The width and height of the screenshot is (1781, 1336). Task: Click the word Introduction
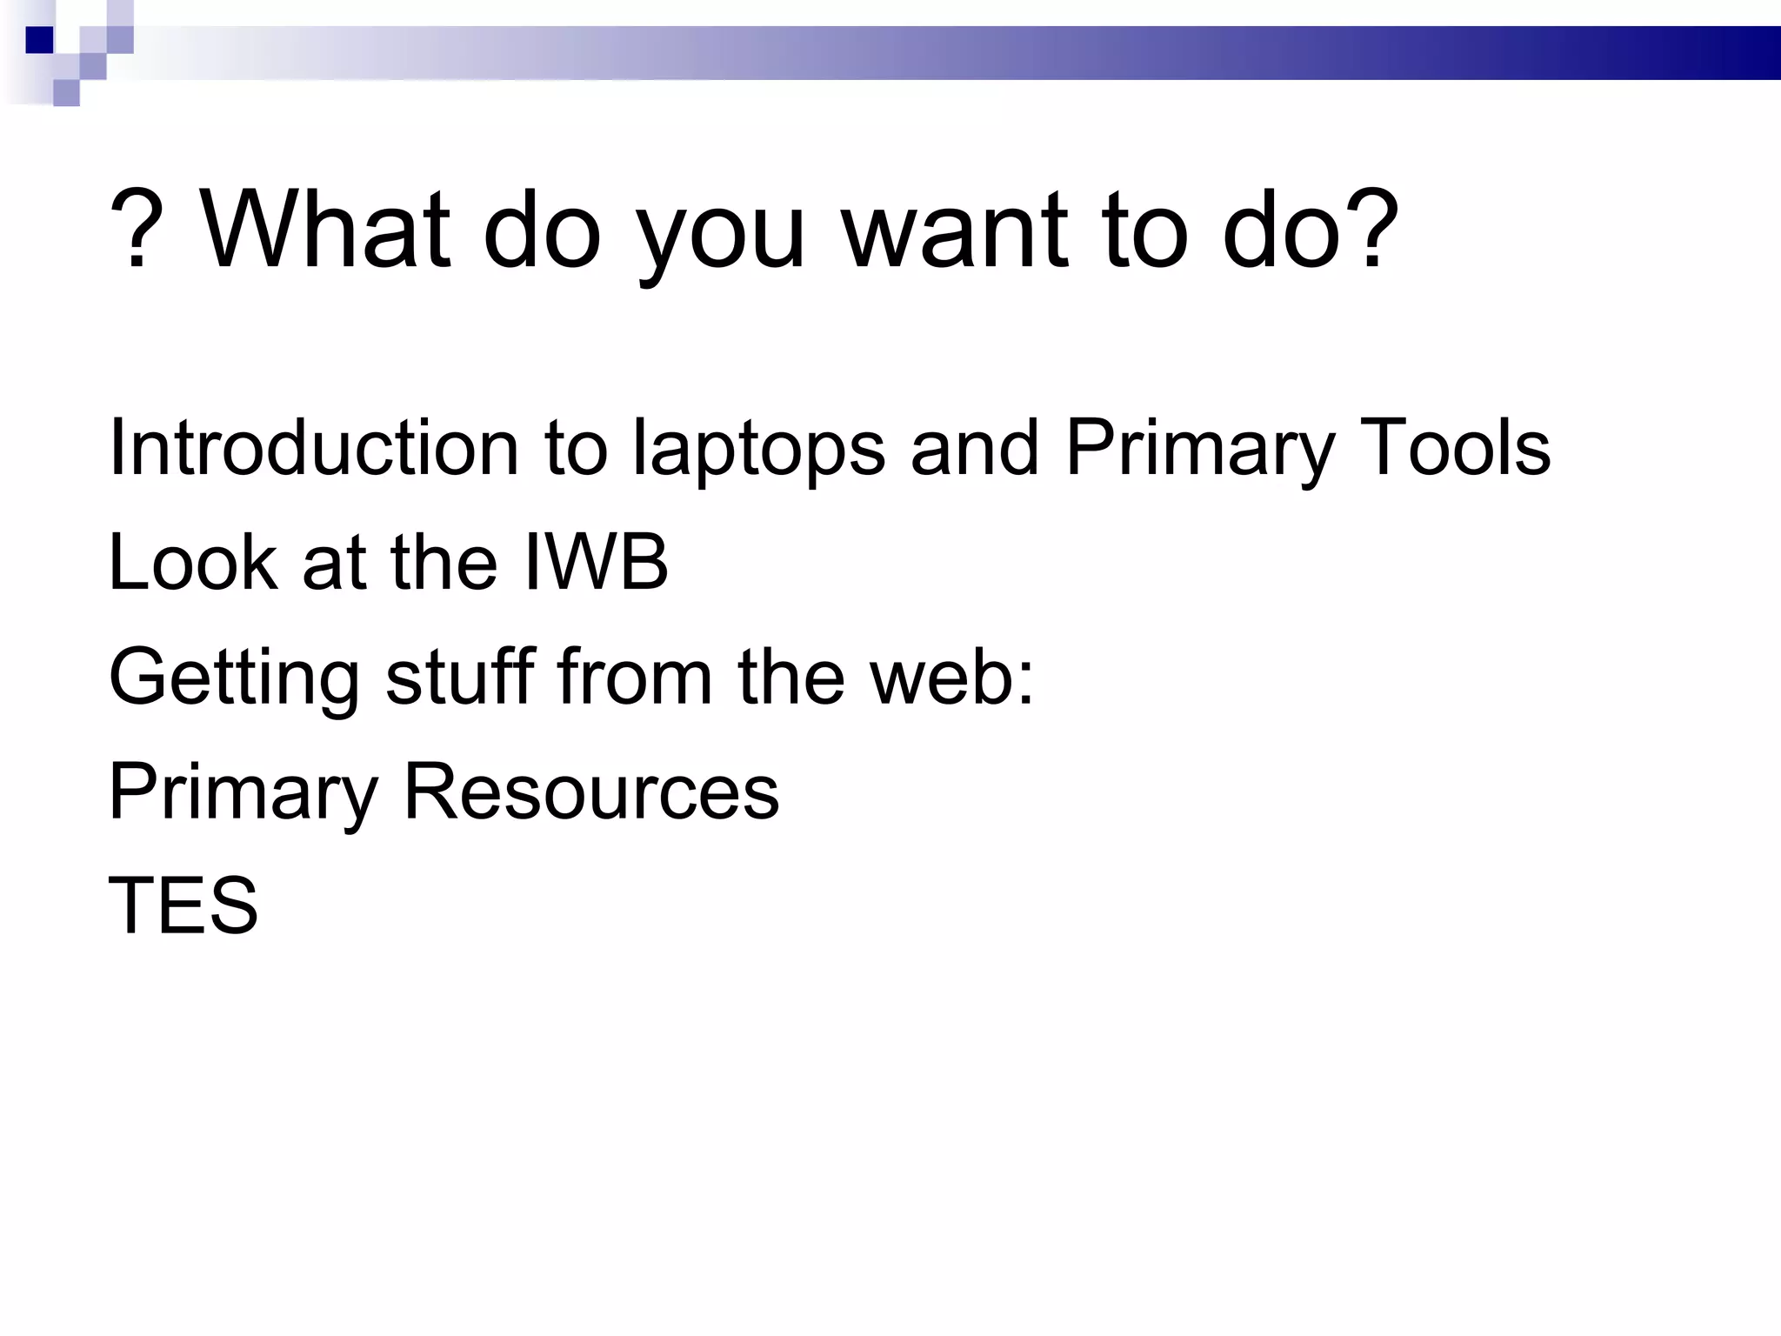tap(314, 447)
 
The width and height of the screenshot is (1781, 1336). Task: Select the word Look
tap(192, 562)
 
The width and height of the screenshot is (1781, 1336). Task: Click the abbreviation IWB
tap(597, 562)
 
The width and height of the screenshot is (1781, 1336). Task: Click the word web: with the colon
tap(953, 676)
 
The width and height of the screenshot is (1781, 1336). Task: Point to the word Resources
tap(591, 791)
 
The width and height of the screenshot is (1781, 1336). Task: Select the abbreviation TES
tap(183, 905)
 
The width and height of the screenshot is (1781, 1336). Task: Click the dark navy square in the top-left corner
tap(39, 40)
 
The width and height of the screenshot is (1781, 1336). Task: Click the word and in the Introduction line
tap(975, 447)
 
